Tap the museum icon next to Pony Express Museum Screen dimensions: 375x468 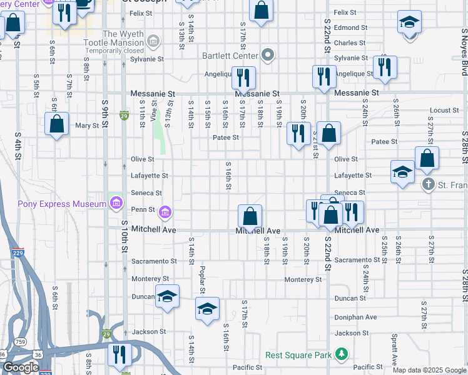pyautogui.click(x=115, y=203)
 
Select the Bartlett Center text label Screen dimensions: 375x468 pyautogui.click(x=230, y=56)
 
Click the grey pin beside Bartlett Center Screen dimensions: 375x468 pyautogui.click(x=268, y=56)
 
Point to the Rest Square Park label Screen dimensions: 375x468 pyautogui.click(x=298, y=355)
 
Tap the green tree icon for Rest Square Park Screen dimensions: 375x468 pyautogui.click(x=342, y=355)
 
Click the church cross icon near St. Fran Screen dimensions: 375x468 pyautogui.click(x=429, y=184)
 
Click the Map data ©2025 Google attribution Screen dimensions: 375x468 pyautogui.click(x=429, y=370)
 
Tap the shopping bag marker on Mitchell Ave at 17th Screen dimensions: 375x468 pyautogui.click(x=250, y=217)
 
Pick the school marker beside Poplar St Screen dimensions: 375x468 pyautogui.click(x=208, y=309)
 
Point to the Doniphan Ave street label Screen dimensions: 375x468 pyautogui.click(x=355, y=317)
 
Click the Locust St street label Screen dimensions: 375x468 pyautogui.click(x=445, y=111)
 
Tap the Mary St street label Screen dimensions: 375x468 pyautogui.click(x=87, y=126)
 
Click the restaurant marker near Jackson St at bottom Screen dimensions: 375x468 pyautogui.click(x=119, y=354)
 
